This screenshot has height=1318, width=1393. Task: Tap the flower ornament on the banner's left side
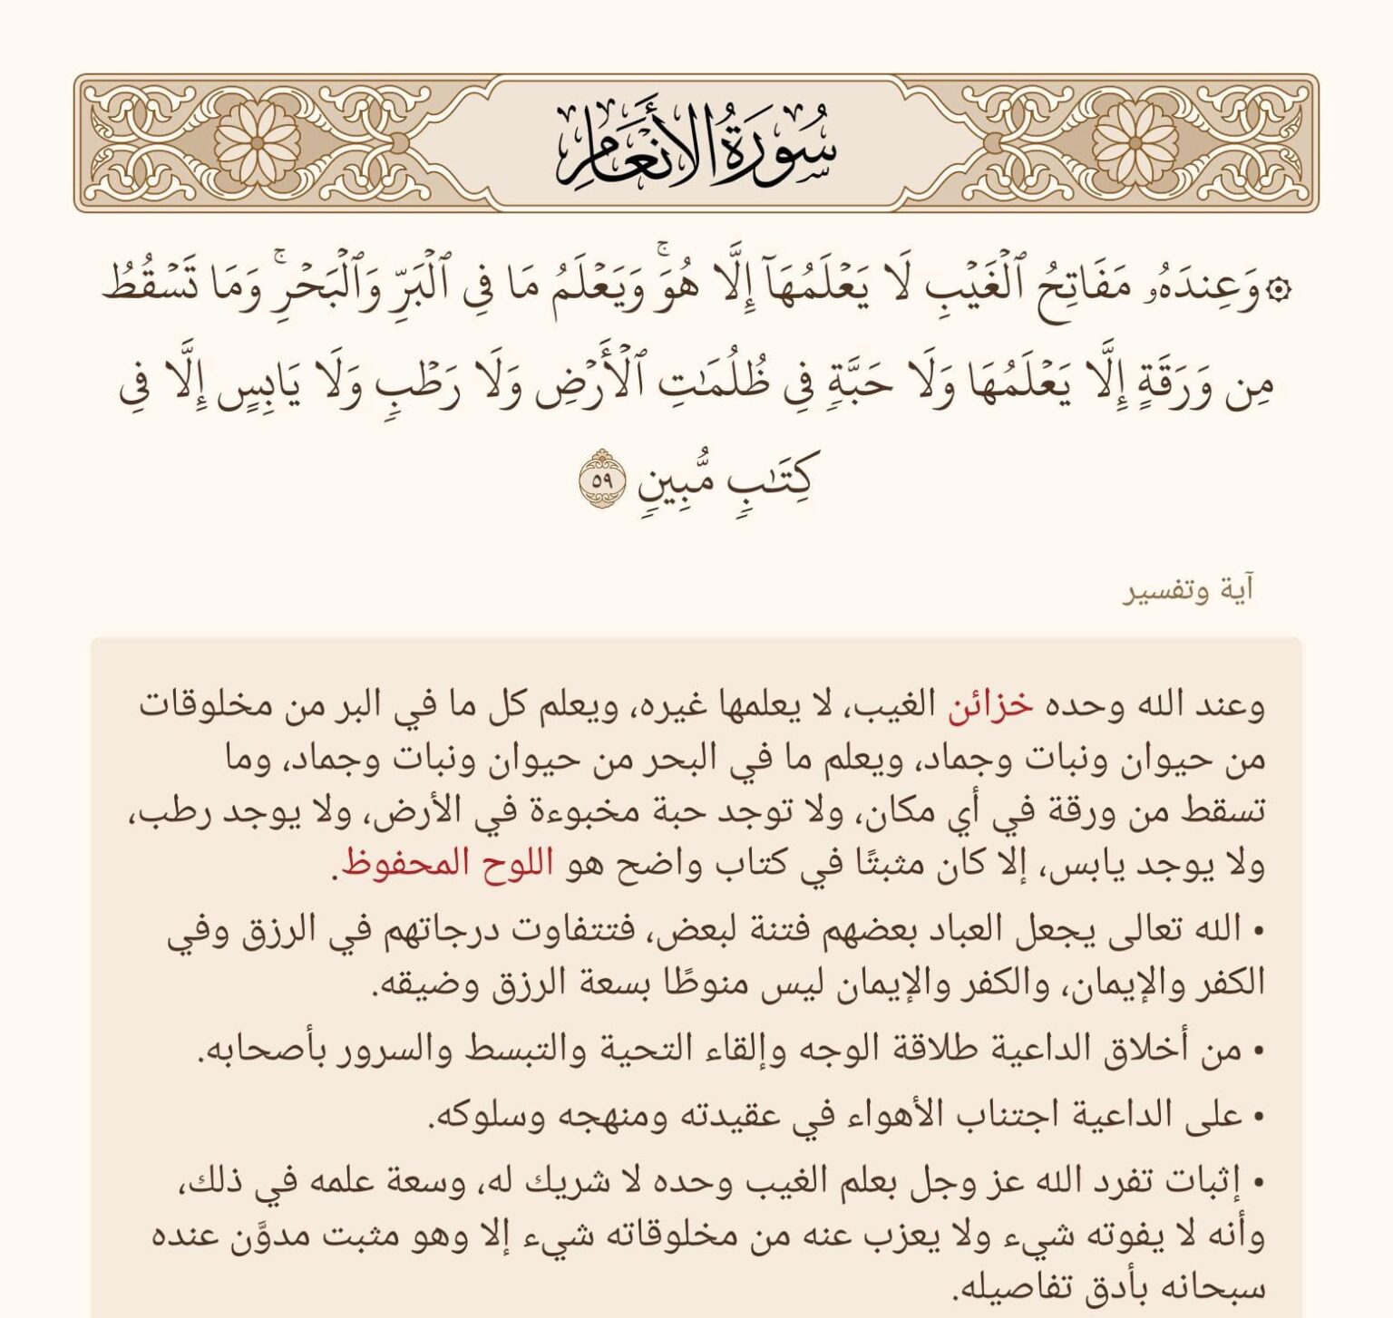tap(257, 143)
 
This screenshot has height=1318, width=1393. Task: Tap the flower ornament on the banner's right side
tap(1135, 143)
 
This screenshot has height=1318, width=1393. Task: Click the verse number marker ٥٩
tap(602, 480)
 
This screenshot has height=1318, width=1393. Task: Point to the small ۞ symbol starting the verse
tap(1281, 291)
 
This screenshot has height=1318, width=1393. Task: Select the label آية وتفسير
tap(1189, 591)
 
